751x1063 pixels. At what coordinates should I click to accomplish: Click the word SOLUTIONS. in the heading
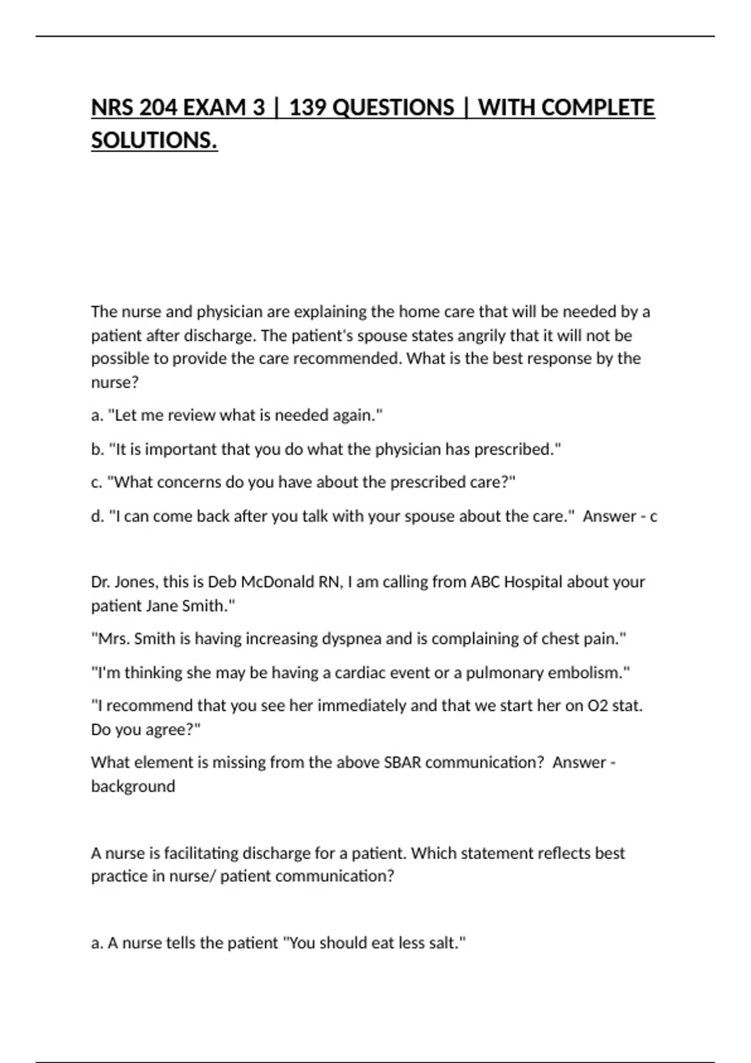click(x=154, y=141)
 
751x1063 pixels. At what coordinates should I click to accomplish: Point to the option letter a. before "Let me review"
click(x=97, y=416)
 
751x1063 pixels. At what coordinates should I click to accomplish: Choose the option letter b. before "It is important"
click(x=97, y=450)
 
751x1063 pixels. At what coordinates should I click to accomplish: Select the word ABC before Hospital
click(x=484, y=582)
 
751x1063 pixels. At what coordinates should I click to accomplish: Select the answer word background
click(x=133, y=787)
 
